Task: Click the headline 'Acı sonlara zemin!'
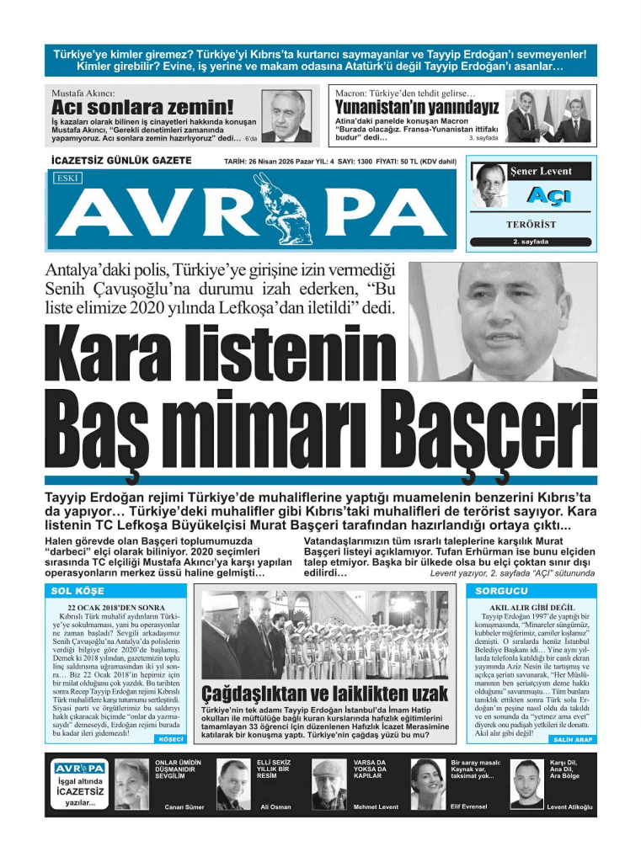[142, 108]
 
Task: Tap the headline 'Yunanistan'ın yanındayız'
[417, 108]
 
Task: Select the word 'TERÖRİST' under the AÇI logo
[531, 226]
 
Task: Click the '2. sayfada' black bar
[531, 242]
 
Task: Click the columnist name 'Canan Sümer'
[184, 806]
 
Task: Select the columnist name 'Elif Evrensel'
[469, 806]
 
